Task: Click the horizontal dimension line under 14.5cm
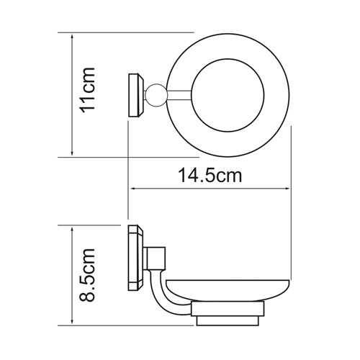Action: coord(209,190)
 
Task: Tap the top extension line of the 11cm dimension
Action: coord(130,32)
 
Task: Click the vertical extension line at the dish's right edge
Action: coord(290,202)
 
